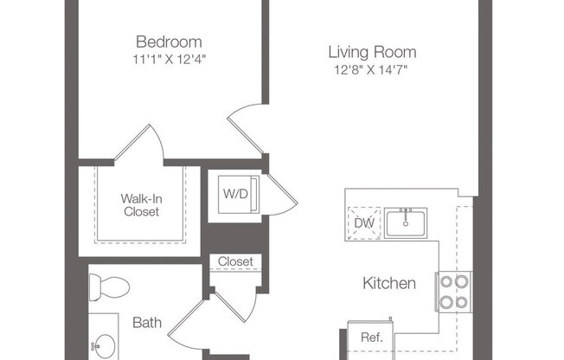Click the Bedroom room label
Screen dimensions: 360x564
point(169,42)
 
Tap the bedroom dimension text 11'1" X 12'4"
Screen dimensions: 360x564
point(169,59)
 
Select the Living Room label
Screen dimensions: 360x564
point(371,51)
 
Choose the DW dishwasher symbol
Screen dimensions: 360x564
point(363,222)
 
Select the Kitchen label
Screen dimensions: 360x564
point(388,283)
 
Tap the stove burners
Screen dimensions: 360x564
point(454,291)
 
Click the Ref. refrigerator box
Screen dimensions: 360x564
point(371,338)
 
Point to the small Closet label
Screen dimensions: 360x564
point(235,261)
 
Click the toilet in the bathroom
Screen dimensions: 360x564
point(110,286)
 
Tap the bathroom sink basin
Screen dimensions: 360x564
point(106,344)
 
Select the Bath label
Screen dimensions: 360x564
point(147,323)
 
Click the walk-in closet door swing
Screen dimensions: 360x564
point(138,145)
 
